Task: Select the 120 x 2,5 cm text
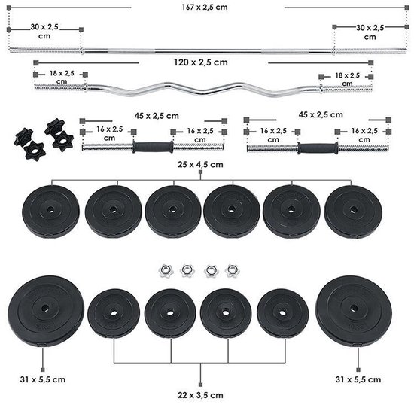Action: (204, 62)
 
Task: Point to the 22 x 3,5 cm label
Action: (200, 394)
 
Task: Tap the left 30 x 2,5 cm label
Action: (42, 32)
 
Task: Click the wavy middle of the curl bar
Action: (203, 89)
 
